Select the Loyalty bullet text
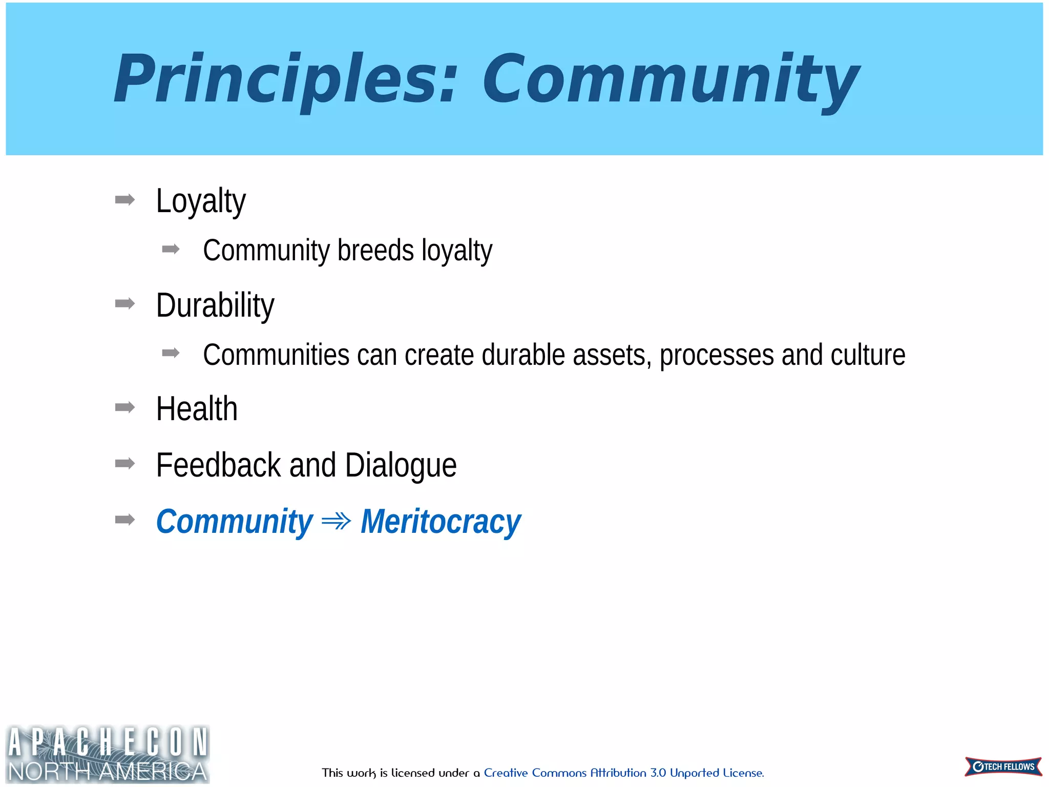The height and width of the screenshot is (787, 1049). click(201, 201)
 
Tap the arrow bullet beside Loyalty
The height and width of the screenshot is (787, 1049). click(125, 199)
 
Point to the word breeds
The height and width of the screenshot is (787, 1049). click(375, 251)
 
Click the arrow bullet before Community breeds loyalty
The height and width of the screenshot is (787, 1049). click(171, 250)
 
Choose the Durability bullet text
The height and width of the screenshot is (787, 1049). click(215, 305)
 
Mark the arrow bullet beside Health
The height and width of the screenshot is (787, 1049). click(125, 407)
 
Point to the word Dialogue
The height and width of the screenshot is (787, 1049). click(401, 466)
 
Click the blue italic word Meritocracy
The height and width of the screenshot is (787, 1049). click(440, 522)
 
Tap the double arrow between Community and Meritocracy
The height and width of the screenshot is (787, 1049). click(337, 522)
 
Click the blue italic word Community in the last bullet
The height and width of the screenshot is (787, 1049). click(234, 522)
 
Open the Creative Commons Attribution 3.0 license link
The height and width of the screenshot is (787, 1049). click(623, 773)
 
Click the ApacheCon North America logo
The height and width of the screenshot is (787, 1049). click(108, 754)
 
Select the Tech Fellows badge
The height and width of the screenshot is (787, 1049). click(1003, 767)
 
